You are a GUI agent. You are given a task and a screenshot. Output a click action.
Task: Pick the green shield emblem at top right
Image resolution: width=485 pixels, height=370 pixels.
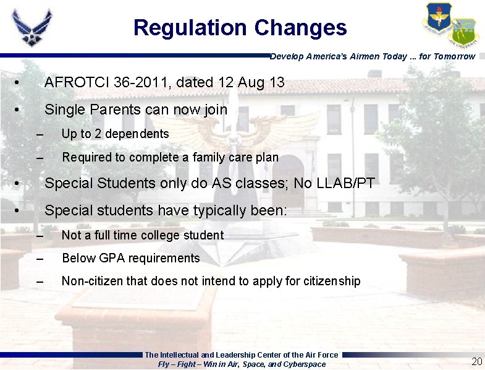point(463,32)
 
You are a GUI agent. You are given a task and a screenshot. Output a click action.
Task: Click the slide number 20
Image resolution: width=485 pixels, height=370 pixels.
point(476,361)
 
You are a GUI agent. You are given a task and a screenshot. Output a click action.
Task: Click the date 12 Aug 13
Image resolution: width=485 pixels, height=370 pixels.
point(250,82)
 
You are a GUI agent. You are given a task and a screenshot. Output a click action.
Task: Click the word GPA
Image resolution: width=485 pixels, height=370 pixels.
point(111,258)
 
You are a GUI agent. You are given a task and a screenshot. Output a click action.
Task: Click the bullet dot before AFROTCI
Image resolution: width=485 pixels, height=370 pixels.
point(20,83)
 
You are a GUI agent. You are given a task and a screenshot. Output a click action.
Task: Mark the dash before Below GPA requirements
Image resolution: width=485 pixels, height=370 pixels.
point(41,259)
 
